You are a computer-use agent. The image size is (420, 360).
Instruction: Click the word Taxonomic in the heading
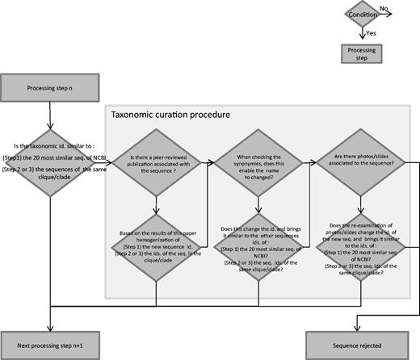point(134,115)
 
